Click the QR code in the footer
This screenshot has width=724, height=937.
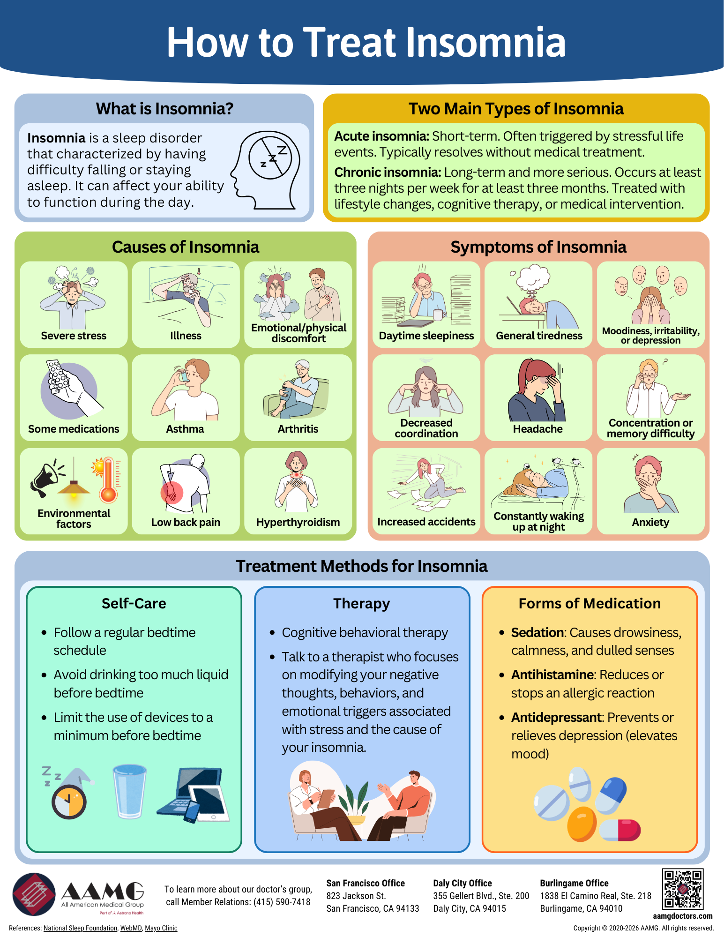click(x=682, y=889)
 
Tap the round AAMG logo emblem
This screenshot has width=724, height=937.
click(x=34, y=894)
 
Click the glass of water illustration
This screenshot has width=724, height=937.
click(x=129, y=791)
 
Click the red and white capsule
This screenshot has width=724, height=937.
click(x=620, y=830)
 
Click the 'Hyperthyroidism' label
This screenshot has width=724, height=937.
click(x=298, y=522)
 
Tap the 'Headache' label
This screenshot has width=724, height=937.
click(x=537, y=429)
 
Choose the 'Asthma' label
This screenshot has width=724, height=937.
click(x=185, y=429)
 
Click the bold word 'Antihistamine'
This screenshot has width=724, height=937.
click(x=552, y=675)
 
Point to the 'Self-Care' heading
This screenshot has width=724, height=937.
click(x=134, y=603)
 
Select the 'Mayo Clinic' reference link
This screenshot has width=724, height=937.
click(x=161, y=928)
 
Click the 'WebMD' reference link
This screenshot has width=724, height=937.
click(x=131, y=928)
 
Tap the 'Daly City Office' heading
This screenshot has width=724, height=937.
click(x=462, y=883)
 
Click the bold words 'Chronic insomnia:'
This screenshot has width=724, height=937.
click(x=388, y=172)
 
